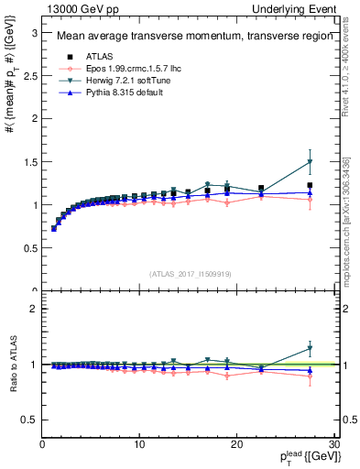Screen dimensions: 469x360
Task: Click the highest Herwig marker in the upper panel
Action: [x=310, y=162]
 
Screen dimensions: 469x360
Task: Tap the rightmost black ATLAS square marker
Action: [x=310, y=185]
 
